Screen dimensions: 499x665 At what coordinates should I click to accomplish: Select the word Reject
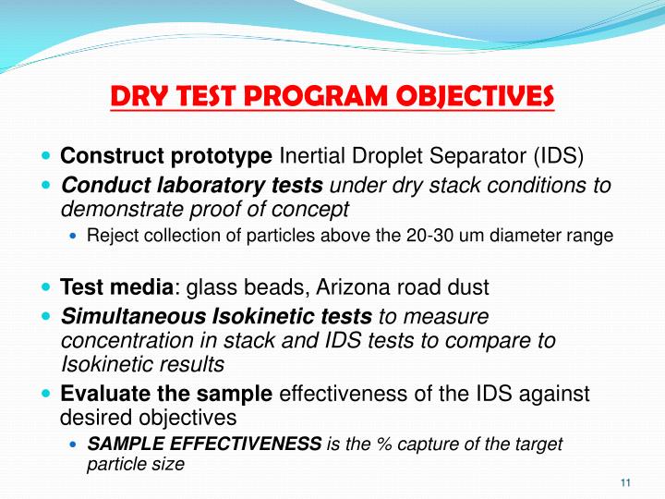click(x=111, y=236)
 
